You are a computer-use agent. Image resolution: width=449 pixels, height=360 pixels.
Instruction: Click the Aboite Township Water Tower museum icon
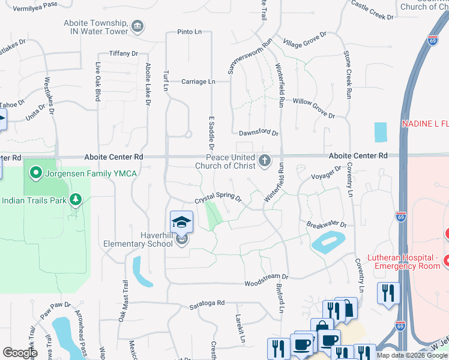click(x=137, y=26)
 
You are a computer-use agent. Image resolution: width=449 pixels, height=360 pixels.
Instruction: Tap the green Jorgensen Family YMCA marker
click(x=36, y=174)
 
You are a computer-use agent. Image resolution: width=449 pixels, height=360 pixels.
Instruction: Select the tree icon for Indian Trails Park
click(x=76, y=199)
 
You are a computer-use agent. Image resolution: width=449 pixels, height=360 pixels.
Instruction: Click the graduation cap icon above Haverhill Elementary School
click(x=181, y=222)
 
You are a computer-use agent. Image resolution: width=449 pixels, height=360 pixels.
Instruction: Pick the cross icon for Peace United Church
click(x=264, y=160)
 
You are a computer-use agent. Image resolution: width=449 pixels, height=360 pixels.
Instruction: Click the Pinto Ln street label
click(x=190, y=32)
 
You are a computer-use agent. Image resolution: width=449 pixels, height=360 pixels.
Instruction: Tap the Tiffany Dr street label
click(x=124, y=53)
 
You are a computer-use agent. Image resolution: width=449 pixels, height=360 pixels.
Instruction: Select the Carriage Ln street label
click(x=197, y=82)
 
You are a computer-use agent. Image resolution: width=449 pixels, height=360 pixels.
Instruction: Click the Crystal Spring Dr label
click(x=217, y=198)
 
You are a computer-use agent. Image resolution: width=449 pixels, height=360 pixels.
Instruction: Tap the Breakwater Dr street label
click(x=327, y=224)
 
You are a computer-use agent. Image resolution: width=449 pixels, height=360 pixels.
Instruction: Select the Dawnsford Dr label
click(x=258, y=133)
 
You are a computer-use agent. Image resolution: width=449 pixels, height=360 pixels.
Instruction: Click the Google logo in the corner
click(x=20, y=353)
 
